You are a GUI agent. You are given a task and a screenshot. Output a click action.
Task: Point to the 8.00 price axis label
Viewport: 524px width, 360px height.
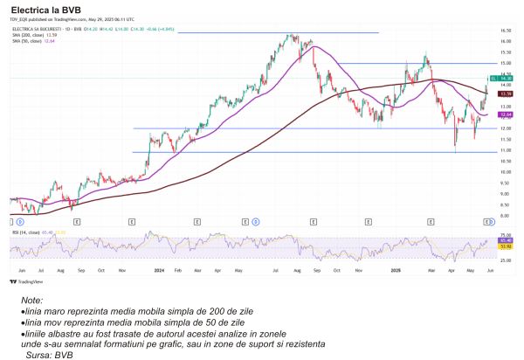[505, 215]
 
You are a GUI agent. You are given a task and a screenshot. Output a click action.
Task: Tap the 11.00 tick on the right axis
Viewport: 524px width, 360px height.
[505, 150]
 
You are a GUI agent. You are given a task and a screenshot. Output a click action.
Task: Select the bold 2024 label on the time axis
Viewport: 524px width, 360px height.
[159, 271]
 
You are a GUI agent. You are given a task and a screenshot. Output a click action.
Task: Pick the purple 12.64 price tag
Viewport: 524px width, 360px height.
[505, 114]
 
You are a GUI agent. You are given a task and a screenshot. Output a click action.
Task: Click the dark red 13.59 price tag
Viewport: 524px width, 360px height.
[505, 93]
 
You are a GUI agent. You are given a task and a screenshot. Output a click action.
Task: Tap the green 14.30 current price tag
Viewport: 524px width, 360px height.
[505, 79]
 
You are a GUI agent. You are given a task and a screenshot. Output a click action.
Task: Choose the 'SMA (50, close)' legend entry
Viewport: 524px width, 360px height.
[31, 40]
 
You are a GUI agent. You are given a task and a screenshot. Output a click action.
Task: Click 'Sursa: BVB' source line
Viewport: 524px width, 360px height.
[50, 355]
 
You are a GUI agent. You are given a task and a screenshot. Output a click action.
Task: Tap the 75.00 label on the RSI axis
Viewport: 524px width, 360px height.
[505, 235]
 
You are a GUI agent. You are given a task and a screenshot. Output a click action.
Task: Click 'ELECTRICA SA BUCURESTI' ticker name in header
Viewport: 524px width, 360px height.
[35, 29]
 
